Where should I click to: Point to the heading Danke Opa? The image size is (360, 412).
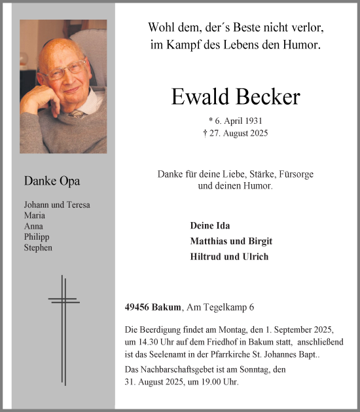coord(52,181)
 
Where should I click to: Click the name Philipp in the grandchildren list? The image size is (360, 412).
coord(37,237)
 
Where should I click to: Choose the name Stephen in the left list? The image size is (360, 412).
coord(38,248)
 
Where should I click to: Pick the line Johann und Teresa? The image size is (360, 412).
coord(57,205)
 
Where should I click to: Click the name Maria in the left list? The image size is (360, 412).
coord(35,215)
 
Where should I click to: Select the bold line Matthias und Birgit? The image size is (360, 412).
coord(231,241)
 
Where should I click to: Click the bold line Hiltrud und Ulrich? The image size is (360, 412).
coord(229,257)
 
